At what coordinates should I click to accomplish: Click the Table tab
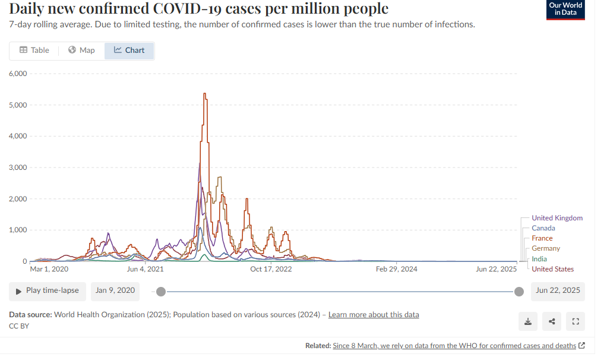tap(34, 50)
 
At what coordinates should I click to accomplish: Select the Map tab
tap(81, 50)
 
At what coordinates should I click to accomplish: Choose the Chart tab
tap(129, 50)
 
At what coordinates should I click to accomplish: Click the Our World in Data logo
tap(565, 10)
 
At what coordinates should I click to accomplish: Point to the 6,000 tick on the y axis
tap(18, 74)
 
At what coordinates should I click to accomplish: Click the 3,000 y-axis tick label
tap(18, 168)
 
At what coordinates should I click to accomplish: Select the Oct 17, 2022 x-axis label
tap(271, 269)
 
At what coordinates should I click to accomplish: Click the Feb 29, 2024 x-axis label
tap(397, 269)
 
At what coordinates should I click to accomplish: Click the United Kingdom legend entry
tap(557, 218)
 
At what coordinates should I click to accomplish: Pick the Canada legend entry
tap(543, 228)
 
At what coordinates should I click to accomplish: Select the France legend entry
tap(542, 238)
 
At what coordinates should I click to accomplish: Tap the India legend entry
tap(539, 259)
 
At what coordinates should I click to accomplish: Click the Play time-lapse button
tap(48, 291)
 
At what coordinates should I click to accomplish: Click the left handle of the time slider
tap(160, 291)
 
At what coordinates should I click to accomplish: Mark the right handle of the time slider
tap(519, 291)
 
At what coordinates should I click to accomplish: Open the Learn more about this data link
tap(374, 314)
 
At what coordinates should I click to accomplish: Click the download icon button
tap(528, 321)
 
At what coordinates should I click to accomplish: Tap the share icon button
tap(552, 321)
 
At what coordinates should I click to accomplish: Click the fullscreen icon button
tap(575, 321)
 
